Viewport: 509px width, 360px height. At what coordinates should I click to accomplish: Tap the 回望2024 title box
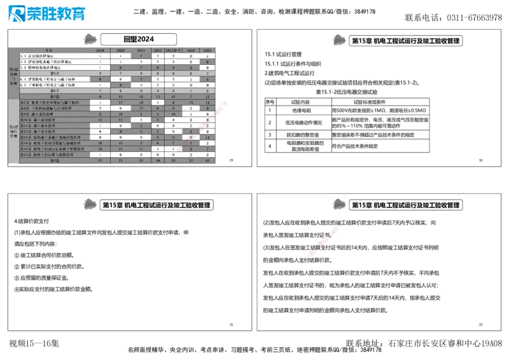pyautogui.click(x=139, y=39)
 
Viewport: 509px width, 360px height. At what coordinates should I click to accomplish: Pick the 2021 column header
pyautogui.click(x=141, y=50)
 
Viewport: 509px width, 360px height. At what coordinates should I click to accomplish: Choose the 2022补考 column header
pyautogui.click(x=175, y=50)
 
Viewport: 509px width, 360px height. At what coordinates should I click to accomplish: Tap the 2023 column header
pyautogui.click(x=192, y=50)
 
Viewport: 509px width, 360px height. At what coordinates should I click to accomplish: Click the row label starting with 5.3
pyautogui.click(x=46, y=67)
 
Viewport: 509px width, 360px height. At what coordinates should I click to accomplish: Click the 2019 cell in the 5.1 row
pyautogui.click(x=101, y=56)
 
